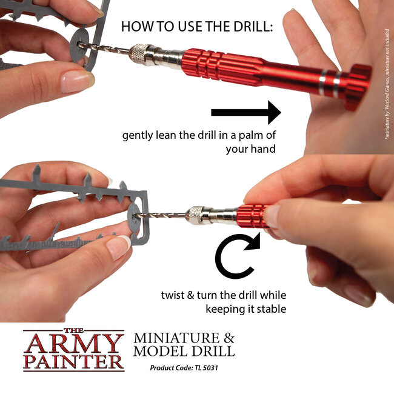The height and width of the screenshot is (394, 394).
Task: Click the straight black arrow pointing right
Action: coord(245,113)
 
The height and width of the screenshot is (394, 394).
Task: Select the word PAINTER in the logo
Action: coord(73,362)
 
